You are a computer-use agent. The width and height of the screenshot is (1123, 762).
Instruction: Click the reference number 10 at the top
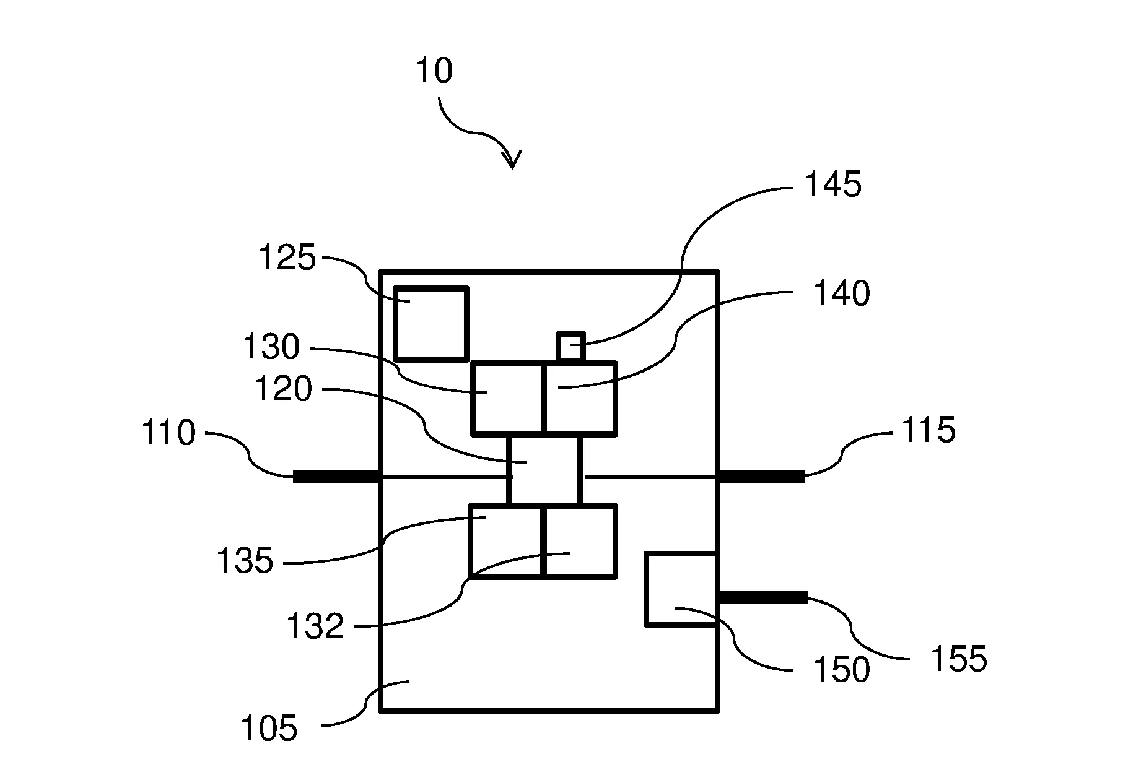[434, 71]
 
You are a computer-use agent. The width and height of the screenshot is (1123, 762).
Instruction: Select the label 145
[832, 184]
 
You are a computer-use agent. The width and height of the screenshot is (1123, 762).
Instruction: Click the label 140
[841, 294]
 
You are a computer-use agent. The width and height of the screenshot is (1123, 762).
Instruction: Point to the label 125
[287, 258]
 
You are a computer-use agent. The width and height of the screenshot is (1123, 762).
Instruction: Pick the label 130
[271, 347]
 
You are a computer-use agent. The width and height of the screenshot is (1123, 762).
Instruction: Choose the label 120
[284, 390]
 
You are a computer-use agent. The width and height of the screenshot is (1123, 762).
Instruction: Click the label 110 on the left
[169, 433]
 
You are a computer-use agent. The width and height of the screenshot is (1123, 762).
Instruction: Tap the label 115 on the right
[928, 430]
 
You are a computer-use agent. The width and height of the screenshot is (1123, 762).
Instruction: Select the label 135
[245, 562]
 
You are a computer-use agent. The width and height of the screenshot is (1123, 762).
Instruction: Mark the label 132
[315, 626]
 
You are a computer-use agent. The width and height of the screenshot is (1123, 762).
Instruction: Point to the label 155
[958, 659]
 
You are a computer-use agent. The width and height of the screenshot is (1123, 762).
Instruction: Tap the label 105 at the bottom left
[269, 729]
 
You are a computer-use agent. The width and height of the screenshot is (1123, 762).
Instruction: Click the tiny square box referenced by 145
[570, 347]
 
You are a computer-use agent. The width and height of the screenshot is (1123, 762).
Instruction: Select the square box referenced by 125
[431, 323]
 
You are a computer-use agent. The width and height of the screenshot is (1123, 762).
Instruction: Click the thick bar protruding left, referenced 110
[336, 476]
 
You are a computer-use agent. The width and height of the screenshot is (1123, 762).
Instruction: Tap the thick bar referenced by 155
[763, 597]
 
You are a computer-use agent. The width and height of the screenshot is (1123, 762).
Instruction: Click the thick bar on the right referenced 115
[761, 476]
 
